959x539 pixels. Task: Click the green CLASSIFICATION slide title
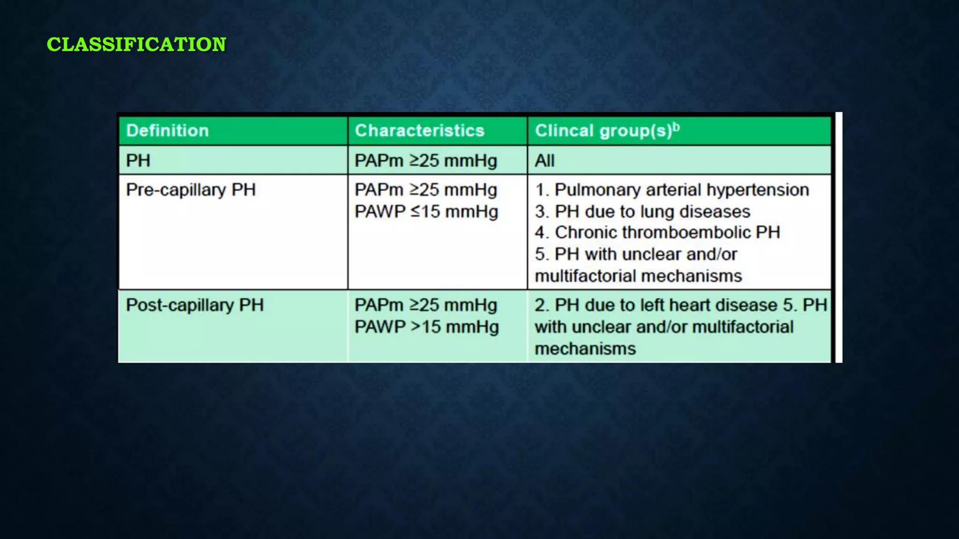coord(136,44)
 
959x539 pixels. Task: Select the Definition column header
coord(167,131)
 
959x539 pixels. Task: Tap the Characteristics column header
coord(420,131)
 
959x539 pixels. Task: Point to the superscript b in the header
coord(676,127)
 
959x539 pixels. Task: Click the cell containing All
coord(545,161)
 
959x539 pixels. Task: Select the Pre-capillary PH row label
coord(191,190)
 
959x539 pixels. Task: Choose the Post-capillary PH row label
coord(195,305)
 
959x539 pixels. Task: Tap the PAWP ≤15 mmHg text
coord(426,211)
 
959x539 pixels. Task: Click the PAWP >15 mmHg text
coord(426,327)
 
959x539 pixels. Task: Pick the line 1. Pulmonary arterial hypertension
coord(672,190)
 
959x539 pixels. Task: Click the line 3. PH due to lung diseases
coord(642,211)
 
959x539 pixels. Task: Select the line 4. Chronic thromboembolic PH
coord(657,233)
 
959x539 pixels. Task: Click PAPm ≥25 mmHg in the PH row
coord(426,161)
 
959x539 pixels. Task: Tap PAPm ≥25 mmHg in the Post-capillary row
coord(426,305)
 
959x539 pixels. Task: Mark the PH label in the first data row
coord(138,161)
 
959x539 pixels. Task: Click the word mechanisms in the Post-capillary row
coord(585,349)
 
